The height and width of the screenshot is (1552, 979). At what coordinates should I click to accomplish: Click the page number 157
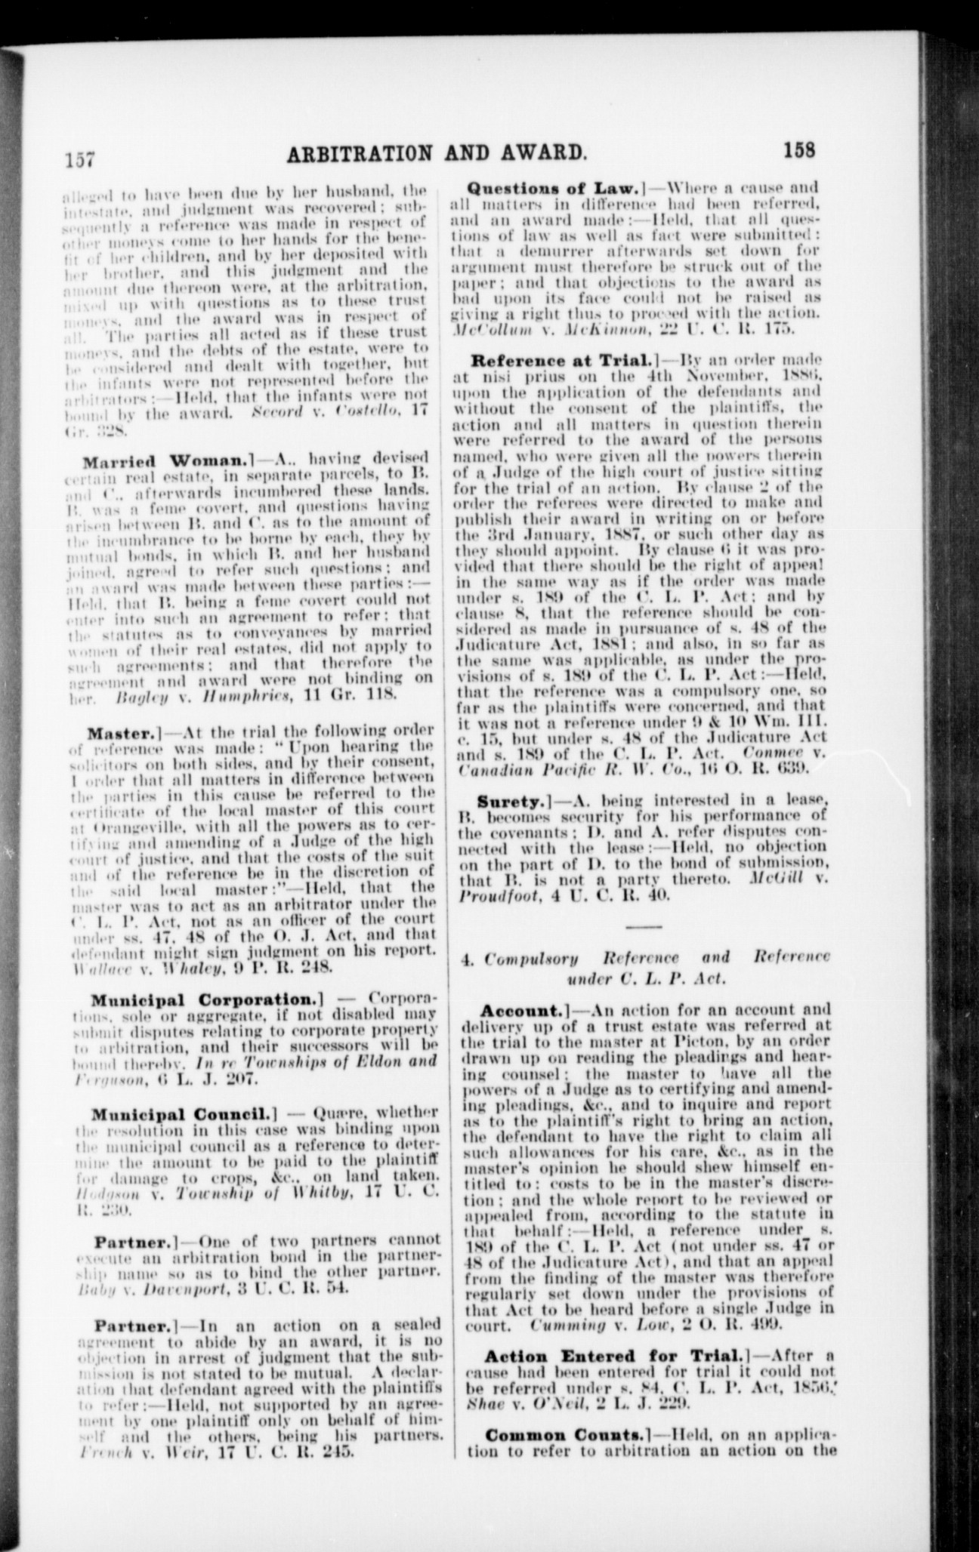(x=78, y=159)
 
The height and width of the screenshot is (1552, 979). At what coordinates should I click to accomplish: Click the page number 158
(x=800, y=149)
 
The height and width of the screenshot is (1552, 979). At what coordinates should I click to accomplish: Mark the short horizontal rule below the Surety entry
(x=644, y=926)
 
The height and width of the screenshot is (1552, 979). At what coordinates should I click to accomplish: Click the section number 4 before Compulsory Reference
(x=466, y=958)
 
